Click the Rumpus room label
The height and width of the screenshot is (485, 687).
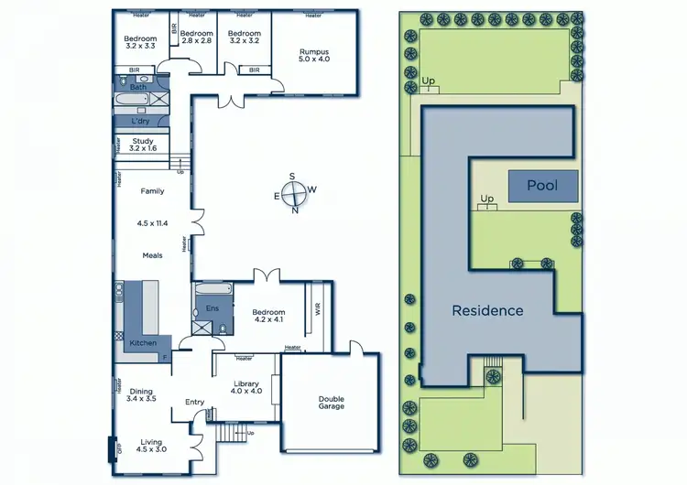coord(313,53)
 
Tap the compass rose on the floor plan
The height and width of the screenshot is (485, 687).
coord(293,193)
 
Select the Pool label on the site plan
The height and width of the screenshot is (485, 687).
coord(542,186)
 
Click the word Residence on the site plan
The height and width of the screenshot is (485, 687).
coord(487,310)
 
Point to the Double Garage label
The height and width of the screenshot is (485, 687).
coord(331,402)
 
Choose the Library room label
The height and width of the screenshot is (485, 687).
coord(245,387)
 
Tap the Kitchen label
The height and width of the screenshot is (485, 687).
coord(143,342)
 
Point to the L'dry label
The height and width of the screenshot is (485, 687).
coord(140,121)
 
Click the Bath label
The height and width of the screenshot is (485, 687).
coord(137,87)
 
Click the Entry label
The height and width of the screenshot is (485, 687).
coord(194,402)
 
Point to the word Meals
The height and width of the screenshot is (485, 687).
coord(152,255)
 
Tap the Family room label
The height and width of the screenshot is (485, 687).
coord(152,191)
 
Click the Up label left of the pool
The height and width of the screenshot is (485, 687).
coord(487,198)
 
